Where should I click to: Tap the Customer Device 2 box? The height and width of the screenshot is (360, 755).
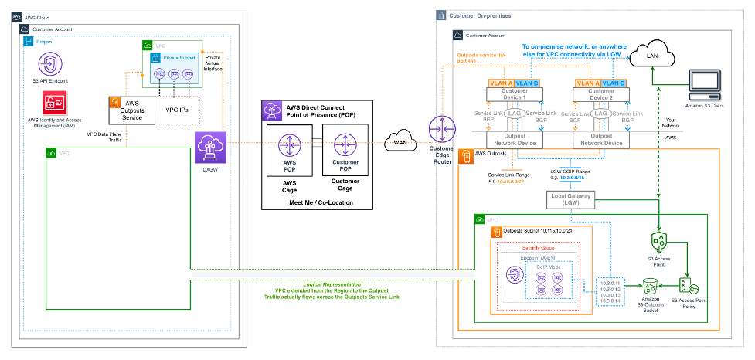(600, 95)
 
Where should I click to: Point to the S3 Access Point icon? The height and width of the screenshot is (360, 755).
(659, 242)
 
